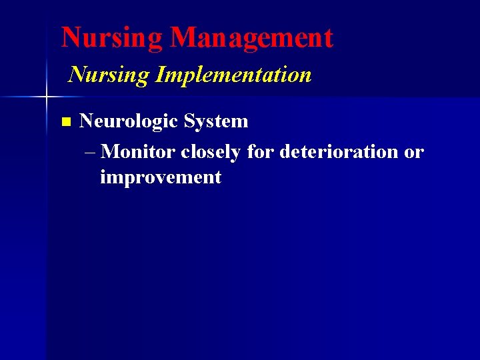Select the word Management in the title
tap(251, 38)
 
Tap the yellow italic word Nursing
tap(109, 75)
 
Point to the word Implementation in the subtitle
tap(233, 75)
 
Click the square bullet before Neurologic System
tap(65, 122)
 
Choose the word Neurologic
tap(129, 121)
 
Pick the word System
tap(216, 121)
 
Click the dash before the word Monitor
tap(91, 152)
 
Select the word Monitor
tap(139, 152)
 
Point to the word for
tap(260, 152)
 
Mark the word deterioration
tap(339, 152)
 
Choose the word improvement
tap(160, 177)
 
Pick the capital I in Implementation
tap(159, 75)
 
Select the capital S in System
tap(190, 121)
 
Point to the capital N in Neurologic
tap(86, 121)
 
